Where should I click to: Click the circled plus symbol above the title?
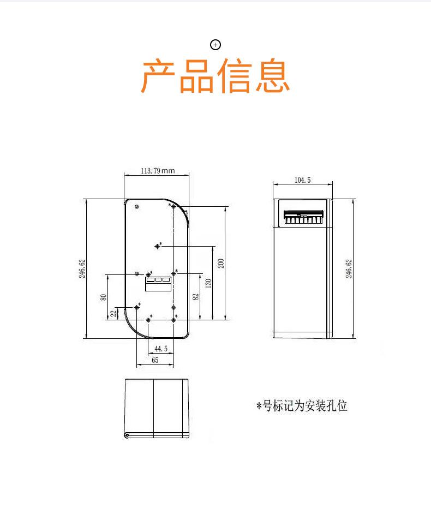215,45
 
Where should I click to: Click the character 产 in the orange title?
159,76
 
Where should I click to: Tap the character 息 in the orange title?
271,76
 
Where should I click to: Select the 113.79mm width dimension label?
157,171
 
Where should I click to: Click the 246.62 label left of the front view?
82,269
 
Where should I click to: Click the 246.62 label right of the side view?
349,269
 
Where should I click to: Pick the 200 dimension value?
221,263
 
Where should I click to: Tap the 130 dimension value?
208,284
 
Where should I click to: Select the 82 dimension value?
195,296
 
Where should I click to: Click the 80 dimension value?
103,297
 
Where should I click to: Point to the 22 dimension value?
113,313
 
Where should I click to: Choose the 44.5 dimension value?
161,349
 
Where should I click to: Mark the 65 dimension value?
155,360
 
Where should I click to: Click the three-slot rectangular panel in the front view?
158,282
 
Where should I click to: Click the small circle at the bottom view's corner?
127,435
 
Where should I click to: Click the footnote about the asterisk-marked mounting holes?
302,406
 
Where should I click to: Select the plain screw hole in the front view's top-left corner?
136,207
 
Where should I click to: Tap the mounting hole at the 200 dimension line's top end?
173,206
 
